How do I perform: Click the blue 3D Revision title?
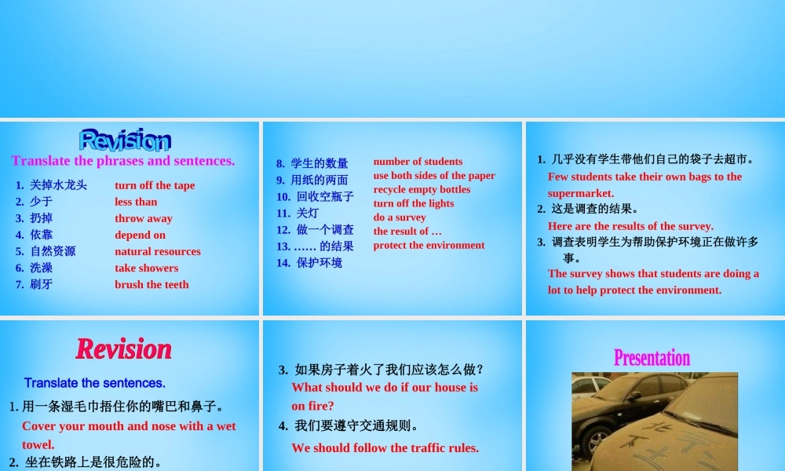pos(125,140)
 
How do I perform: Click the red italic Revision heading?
pos(123,349)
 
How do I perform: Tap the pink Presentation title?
pos(652,358)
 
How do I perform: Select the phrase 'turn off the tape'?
pos(155,185)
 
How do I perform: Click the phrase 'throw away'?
pos(143,218)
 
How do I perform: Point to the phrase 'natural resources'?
pos(157,251)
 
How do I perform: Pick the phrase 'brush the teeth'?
pos(152,284)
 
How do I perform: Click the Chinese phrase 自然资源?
pos(53,251)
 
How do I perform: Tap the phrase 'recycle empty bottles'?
pos(422,189)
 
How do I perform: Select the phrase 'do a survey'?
pos(400,217)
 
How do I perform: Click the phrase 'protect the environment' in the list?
pos(429,245)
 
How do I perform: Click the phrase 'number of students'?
pos(418,162)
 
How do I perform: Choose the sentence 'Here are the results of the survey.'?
pos(630,226)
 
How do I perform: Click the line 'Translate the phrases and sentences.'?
pos(123,161)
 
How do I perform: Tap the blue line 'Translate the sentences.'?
pos(94,383)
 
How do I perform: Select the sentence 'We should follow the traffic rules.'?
pos(385,447)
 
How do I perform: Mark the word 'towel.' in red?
pos(38,444)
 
